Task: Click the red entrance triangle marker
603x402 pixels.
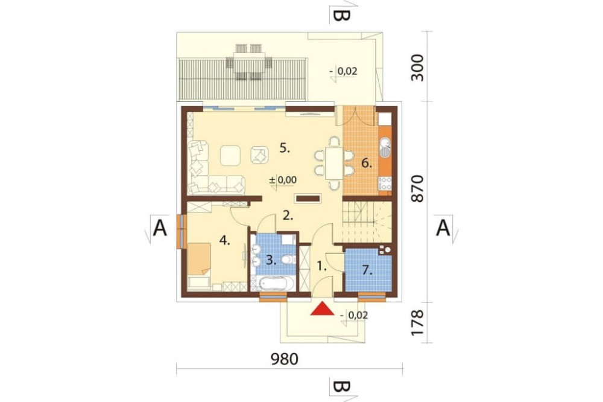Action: tap(322, 309)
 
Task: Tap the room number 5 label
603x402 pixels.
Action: tap(285, 148)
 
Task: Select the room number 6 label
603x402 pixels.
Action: tap(367, 164)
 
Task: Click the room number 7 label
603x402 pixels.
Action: tap(368, 270)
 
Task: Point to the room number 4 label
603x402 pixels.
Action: tap(224, 241)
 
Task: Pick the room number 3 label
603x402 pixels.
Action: tap(271, 260)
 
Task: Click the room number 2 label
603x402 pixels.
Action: tap(288, 215)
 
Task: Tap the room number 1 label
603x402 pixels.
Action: tap(321, 266)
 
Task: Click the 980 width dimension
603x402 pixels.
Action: tap(285, 359)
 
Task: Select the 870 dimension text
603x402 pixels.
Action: tap(417, 189)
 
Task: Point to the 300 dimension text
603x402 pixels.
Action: tap(417, 68)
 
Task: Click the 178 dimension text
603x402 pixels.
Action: tap(417, 323)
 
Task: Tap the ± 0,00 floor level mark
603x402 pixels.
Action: tap(283, 180)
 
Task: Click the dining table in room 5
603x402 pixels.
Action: tap(334, 164)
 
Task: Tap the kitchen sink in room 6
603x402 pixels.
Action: tap(385, 148)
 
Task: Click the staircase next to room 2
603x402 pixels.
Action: tap(367, 222)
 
